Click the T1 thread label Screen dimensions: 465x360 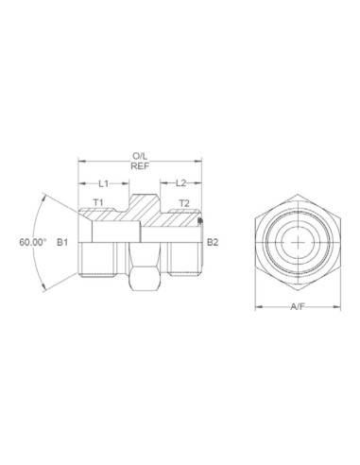coord(97,203)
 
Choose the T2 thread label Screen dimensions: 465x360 coord(184,203)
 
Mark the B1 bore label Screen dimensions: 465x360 coord(62,243)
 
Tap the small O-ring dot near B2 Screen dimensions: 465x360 coord(200,222)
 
